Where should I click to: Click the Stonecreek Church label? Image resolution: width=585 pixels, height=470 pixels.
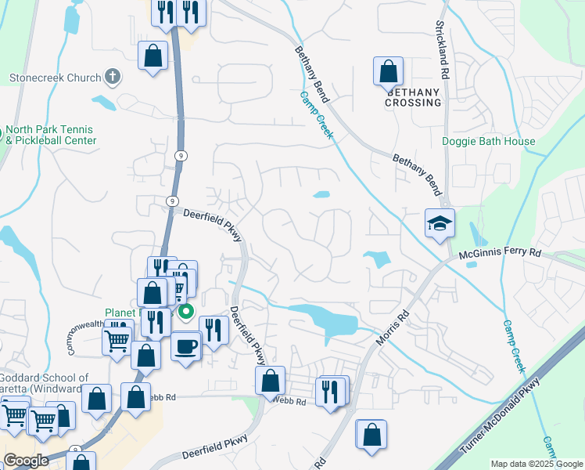click(55, 78)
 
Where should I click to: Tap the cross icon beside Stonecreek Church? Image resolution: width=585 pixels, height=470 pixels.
click(113, 77)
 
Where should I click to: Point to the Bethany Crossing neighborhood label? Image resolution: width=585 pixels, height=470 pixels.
click(413, 97)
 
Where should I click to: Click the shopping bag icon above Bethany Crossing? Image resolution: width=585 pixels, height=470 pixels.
click(388, 72)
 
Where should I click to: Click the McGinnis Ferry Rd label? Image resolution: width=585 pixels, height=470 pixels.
click(501, 253)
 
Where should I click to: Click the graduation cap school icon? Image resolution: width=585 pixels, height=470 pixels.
click(440, 224)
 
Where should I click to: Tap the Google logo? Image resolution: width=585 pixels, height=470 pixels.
click(26, 461)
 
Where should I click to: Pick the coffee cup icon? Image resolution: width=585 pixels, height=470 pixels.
click(185, 345)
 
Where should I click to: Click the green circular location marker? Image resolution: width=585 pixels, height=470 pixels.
click(186, 313)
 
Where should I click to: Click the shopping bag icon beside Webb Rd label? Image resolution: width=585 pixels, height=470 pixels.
click(270, 381)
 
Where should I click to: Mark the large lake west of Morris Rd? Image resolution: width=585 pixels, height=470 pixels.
click(328, 320)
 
